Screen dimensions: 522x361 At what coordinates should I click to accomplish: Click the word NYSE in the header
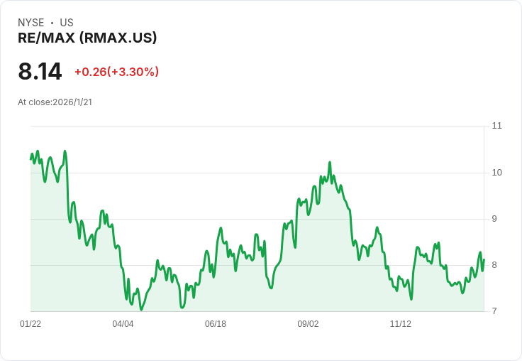point(31,23)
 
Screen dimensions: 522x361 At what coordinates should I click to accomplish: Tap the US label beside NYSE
point(67,23)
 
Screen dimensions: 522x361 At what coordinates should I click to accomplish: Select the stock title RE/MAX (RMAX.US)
point(87,38)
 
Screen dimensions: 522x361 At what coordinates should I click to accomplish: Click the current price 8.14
point(40,71)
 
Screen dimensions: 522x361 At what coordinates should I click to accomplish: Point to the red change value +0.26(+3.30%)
point(116,72)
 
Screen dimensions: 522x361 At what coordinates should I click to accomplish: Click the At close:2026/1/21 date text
point(55,102)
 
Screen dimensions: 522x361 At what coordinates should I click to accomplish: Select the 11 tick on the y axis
point(496,126)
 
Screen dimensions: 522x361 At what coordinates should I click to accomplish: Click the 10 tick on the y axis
point(496,173)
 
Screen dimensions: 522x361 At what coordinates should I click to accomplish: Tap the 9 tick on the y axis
point(494,219)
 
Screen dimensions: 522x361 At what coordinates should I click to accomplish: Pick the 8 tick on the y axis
point(494,265)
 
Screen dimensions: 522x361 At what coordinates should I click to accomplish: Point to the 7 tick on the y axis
point(494,311)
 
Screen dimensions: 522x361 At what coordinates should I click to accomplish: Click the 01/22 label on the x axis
point(30,324)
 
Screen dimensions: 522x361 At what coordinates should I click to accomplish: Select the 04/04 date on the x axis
point(123,324)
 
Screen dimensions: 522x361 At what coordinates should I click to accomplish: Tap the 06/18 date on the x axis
point(216,324)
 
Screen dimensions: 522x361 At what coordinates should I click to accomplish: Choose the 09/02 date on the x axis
point(308,324)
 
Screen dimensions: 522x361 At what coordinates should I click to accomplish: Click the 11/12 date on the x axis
point(401,324)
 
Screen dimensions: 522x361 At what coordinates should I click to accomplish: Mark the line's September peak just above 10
point(330,162)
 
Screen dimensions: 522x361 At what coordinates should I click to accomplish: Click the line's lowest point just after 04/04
point(141,310)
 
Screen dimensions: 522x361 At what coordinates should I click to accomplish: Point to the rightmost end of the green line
point(484,259)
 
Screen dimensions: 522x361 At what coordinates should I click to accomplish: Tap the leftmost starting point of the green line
point(30,159)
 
